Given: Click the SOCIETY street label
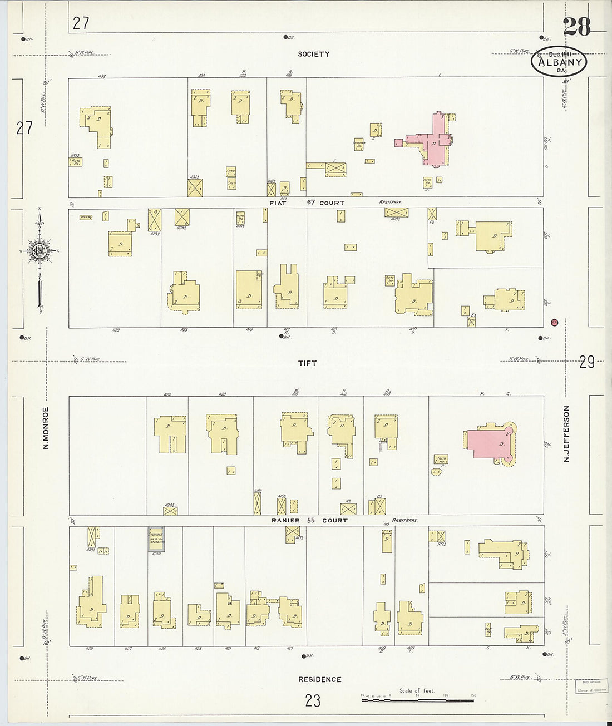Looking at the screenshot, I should click(313, 54).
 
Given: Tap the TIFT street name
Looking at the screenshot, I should click(307, 363).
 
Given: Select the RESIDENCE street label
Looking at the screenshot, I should click(319, 679).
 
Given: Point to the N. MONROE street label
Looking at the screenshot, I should click(47, 428).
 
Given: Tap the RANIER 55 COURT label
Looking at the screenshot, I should click(309, 521).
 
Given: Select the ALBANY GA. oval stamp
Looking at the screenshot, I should click(560, 62).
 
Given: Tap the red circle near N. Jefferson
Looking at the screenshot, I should click(554, 322).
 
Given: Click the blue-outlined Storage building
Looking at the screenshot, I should click(155, 539).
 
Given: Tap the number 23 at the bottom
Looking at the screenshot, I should click(313, 700).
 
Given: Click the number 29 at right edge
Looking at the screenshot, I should click(587, 363).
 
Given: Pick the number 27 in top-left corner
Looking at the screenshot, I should click(81, 23).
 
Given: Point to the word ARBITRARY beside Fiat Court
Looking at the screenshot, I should click(391, 203).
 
